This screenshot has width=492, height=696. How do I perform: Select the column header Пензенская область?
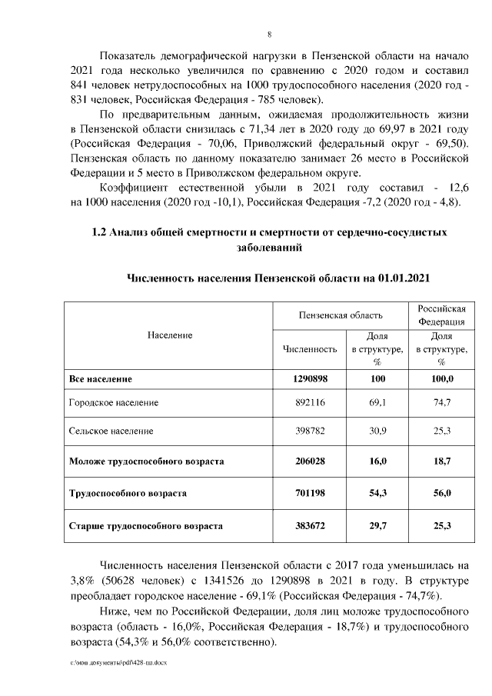pos(341,315)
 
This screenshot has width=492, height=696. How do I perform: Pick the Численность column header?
pos(310,349)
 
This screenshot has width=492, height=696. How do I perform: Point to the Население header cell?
pos(168,335)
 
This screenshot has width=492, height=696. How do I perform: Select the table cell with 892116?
pos(310,402)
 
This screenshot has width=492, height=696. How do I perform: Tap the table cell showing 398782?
pos(310,431)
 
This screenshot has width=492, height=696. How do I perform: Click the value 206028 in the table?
pos(310,461)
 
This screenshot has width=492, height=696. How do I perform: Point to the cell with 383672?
pos(310,527)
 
